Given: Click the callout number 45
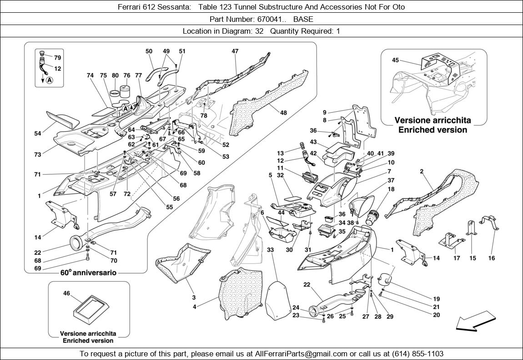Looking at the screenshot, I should pos(395,60).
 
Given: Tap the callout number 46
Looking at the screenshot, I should pos(66,294).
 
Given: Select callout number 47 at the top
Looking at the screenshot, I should pos(235,51).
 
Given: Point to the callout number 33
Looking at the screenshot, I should pos(270,250).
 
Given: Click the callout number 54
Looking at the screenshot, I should pos(38,133).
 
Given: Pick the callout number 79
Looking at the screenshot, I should pos(58,58).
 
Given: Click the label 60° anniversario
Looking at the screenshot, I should pos(88,273).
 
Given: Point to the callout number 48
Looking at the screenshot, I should pos(283,112).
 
